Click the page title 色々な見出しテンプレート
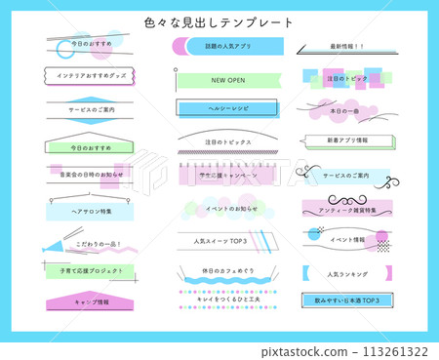coord(219,21)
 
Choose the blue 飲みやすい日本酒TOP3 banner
coord(346,301)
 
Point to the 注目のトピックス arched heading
coord(228,141)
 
